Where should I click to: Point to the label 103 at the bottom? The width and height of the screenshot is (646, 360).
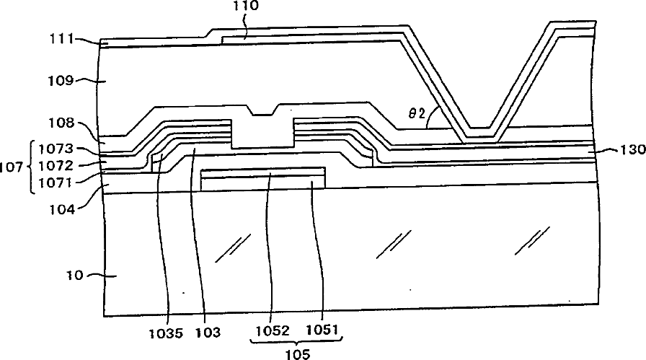coord(207,333)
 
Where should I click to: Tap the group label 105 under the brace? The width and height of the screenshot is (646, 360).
coord(296,353)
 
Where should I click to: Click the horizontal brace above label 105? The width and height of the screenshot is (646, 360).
coord(296,342)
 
